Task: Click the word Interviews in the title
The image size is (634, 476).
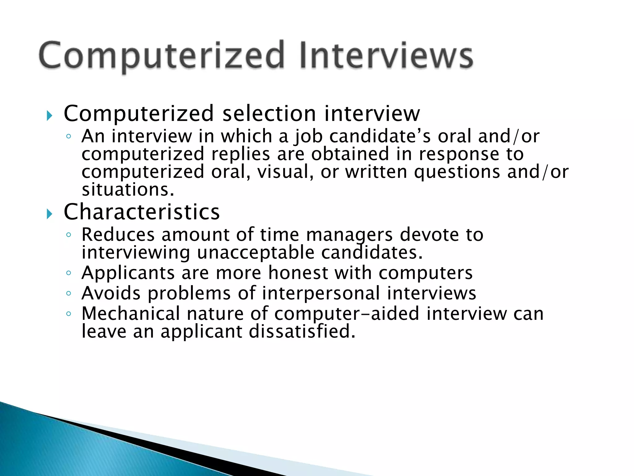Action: (386, 56)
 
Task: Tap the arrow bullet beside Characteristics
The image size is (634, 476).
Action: (50, 214)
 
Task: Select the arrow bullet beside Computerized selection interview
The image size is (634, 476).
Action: (50, 116)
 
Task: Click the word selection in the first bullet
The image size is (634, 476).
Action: (269, 114)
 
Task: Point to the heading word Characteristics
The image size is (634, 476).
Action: (142, 212)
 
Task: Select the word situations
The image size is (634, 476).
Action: (128, 190)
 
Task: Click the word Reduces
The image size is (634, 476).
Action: (118, 235)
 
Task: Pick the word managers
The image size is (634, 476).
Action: (349, 235)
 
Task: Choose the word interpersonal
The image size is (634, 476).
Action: (321, 293)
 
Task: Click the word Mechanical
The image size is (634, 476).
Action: (130, 314)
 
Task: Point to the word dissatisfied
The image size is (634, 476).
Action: (302, 332)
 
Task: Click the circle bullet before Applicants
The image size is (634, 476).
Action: (69, 273)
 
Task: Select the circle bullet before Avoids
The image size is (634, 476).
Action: (69, 293)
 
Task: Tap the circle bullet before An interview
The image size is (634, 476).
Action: (69, 136)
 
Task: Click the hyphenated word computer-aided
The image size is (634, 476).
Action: (347, 314)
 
